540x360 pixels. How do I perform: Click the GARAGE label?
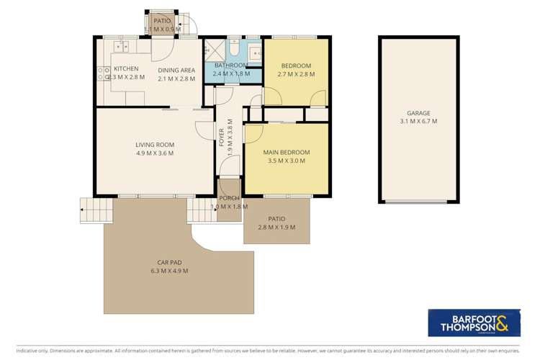tap(418, 113)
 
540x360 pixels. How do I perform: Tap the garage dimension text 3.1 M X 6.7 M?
tap(418, 122)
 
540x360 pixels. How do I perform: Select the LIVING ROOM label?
tap(155, 145)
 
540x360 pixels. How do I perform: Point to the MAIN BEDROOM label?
tap(286, 152)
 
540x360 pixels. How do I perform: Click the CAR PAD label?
tap(169, 262)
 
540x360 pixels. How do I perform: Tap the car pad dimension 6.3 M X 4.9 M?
tap(169, 271)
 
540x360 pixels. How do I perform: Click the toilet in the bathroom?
tap(235, 50)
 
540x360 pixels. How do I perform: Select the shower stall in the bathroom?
tap(214, 50)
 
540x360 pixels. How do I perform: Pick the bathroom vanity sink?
tap(254, 52)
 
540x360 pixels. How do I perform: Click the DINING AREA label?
tap(176, 70)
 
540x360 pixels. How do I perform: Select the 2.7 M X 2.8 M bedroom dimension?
tap(297, 74)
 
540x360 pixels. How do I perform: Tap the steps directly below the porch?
tap(201, 211)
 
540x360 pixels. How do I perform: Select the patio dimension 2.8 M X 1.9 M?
tap(276, 228)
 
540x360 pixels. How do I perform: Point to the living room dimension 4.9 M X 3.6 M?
tap(155, 153)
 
